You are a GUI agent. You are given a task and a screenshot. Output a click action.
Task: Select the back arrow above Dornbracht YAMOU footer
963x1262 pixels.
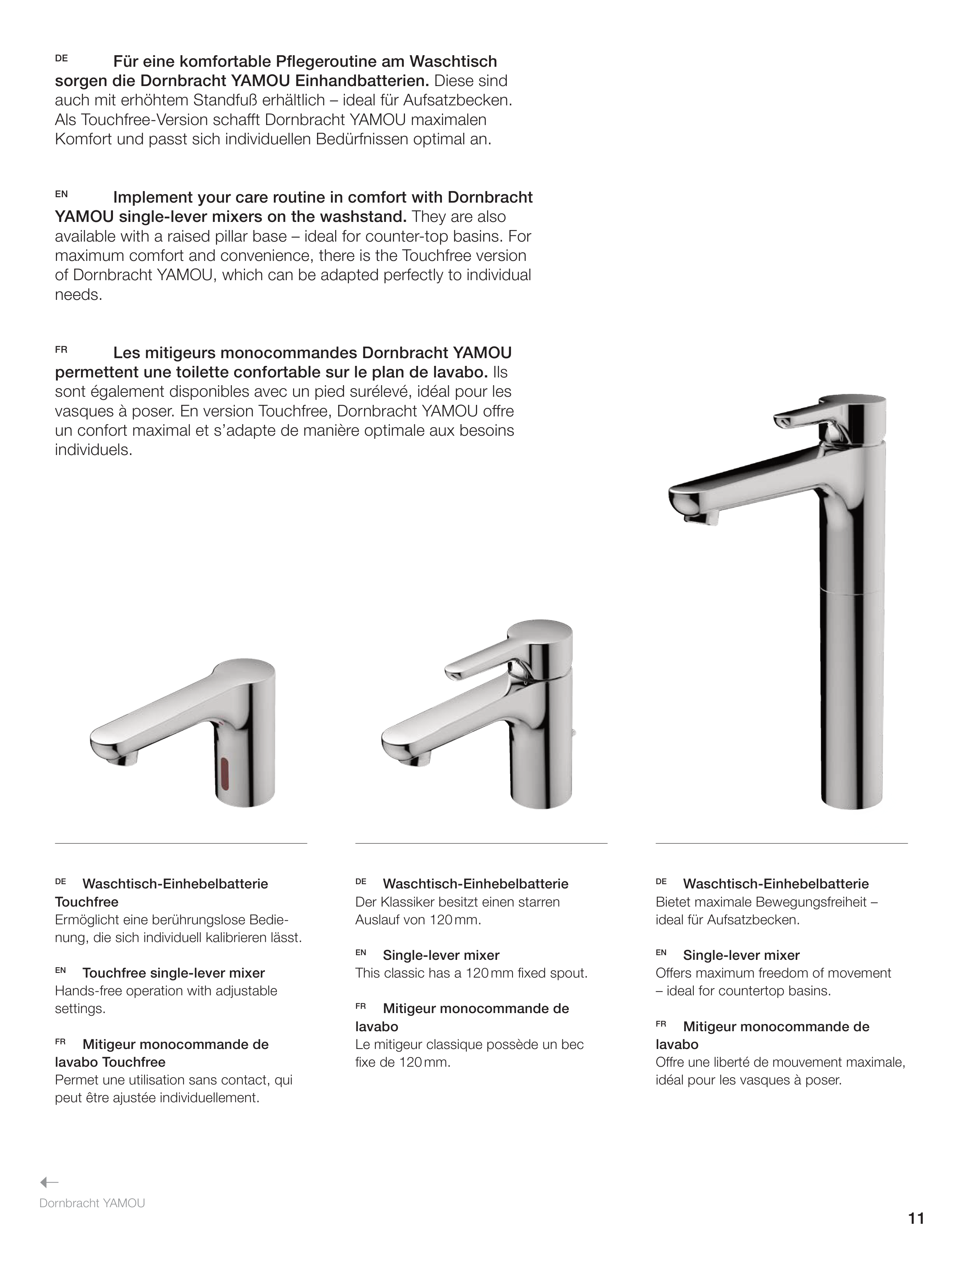pyautogui.click(x=49, y=1182)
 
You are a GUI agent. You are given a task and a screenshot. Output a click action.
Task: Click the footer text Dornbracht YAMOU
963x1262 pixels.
pyautogui.click(x=92, y=1203)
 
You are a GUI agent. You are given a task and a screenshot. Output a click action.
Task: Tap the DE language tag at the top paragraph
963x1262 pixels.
pyautogui.click(x=61, y=59)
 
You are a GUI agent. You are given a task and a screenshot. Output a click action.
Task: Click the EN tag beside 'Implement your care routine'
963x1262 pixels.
pyautogui.click(x=61, y=195)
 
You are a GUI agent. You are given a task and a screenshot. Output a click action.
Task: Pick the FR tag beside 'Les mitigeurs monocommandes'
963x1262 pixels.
pyautogui.click(x=61, y=349)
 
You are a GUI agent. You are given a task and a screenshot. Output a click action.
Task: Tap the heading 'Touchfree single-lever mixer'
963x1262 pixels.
pyautogui.click(x=173, y=973)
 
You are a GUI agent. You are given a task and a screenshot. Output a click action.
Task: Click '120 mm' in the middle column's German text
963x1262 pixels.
pyautogui.click(x=454, y=920)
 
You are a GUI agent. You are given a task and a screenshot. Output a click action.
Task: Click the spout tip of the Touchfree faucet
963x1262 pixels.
pyautogui.click(x=123, y=760)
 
